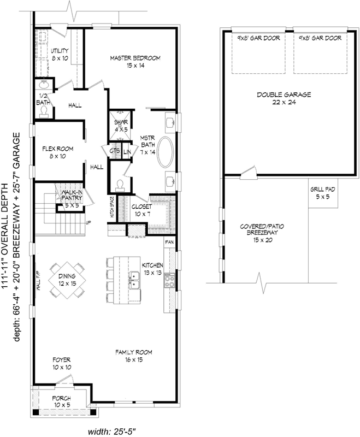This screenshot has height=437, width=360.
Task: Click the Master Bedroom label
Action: (131, 62)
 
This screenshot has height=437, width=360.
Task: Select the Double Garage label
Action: (284, 99)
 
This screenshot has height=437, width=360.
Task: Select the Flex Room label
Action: (58, 152)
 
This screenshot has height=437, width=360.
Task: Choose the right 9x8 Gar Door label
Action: (320, 38)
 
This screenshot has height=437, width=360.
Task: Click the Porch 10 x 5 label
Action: (61, 401)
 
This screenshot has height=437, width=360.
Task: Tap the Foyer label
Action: (61, 363)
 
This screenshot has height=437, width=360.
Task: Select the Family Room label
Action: (133, 356)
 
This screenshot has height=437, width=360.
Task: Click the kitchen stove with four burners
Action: (169, 281)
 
